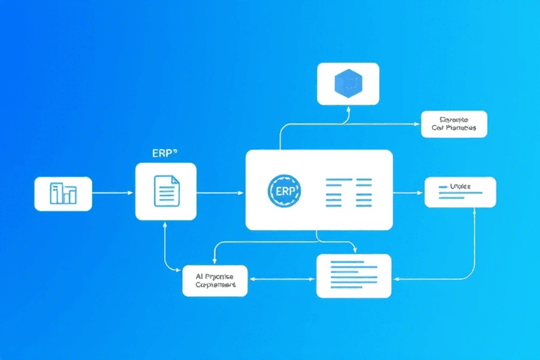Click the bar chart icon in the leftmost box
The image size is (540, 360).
(63, 193)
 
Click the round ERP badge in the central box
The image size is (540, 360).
(284, 191)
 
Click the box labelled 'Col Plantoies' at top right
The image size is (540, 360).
(454, 123)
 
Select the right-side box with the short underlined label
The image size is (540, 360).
(460, 192)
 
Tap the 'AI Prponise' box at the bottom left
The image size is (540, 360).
(214, 281)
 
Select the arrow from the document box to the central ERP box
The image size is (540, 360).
(220, 192)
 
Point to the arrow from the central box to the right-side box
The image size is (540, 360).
(408, 192)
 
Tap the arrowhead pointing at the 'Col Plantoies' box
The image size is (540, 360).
(417, 124)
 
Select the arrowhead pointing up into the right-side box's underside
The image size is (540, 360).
(475, 211)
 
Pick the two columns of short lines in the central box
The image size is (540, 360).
(348, 191)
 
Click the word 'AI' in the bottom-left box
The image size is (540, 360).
(199, 276)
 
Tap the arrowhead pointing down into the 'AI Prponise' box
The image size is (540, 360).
(214, 261)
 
